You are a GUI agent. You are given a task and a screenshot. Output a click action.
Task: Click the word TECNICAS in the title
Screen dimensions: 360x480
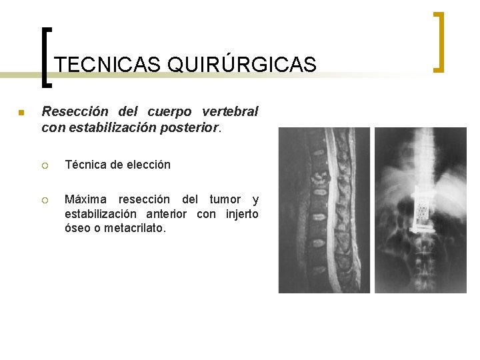coord(107,65)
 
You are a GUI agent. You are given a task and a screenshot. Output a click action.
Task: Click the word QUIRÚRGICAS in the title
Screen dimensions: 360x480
coord(242,65)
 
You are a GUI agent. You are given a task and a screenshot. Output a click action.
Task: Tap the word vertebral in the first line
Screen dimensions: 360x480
coord(231,111)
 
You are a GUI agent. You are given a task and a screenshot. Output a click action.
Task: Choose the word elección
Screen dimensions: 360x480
coord(149,164)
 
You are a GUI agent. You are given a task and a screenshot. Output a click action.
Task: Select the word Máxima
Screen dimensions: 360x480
coord(86,200)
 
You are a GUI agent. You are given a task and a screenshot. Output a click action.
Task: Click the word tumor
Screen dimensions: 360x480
coord(225,200)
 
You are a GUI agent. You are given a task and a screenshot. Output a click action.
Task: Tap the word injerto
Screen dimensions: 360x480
coord(241,214)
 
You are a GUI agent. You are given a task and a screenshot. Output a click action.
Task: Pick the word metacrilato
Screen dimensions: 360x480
coord(136,228)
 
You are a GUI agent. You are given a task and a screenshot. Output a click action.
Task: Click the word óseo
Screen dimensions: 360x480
coord(77,228)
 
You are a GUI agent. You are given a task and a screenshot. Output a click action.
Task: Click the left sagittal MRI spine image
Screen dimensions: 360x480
coord(323,210)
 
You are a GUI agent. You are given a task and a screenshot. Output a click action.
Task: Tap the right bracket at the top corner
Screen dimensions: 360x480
coord(439,41)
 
